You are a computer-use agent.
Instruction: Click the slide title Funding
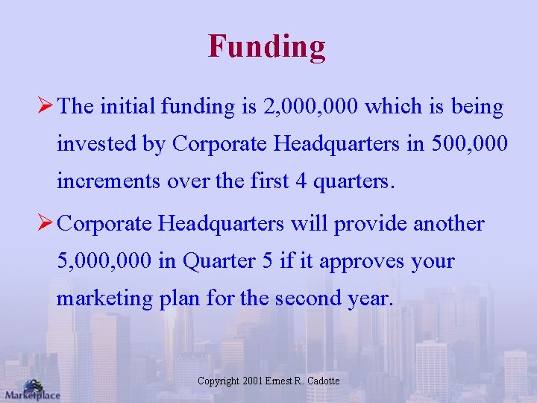pos(267,46)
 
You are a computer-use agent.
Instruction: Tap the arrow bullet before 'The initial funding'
pos(45,107)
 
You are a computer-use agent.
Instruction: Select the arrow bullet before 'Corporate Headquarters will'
pos(45,224)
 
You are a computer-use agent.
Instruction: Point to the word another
pos(449,224)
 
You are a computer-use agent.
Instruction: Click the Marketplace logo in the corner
pos(31,389)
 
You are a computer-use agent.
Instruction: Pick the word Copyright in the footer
pos(219,381)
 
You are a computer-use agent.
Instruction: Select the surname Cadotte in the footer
pos(321,381)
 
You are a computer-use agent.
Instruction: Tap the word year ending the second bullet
pos(370,298)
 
